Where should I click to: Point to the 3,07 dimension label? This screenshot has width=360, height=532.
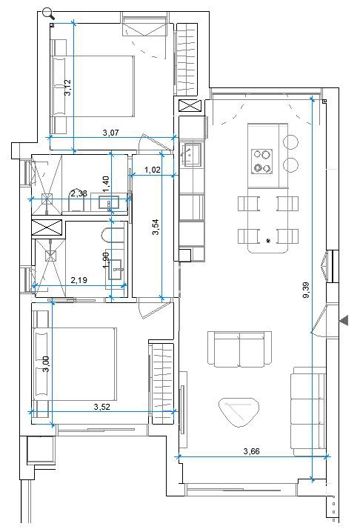(x=118, y=133)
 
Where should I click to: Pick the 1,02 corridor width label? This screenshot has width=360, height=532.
(x=153, y=170)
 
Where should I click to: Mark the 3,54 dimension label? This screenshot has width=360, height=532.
(x=156, y=227)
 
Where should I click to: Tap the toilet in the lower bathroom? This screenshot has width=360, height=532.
(x=112, y=236)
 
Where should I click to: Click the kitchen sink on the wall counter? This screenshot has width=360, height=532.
(x=197, y=156)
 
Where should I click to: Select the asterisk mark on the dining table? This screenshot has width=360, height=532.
(x=269, y=242)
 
